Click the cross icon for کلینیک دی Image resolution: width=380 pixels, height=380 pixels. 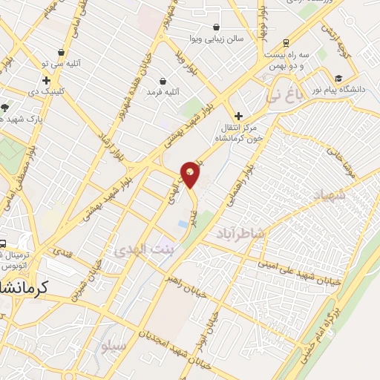coord(47,80)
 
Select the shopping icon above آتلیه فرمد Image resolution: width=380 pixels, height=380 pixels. coord(163,80)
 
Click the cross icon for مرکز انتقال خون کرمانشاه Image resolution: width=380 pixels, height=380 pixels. coord(238,116)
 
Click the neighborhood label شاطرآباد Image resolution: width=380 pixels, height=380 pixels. coord(240,234)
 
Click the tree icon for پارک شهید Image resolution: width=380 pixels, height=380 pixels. coord(5,107)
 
